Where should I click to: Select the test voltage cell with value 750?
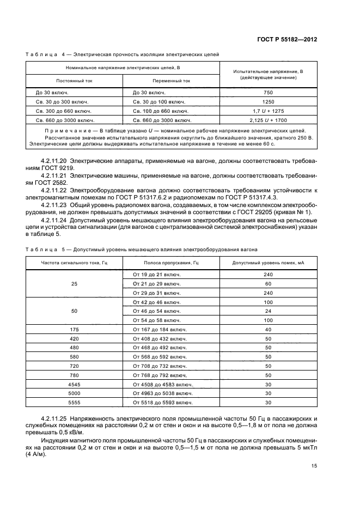pos(268,93)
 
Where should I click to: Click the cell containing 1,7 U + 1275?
pos(268,111)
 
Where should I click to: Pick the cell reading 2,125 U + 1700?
pos(268,120)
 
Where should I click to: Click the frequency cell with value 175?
pos(74,330)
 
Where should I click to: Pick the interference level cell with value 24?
pos(268,311)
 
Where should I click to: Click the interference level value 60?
pos(268,283)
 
